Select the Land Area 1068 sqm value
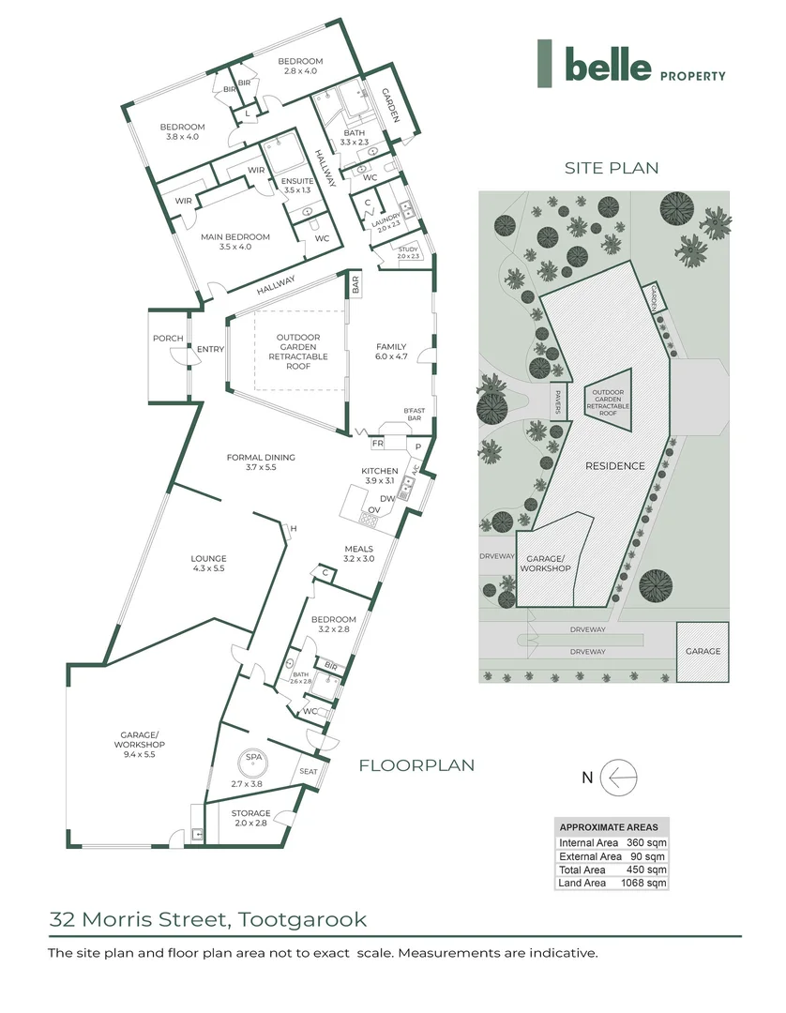(646, 883)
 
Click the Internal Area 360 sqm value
(646, 843)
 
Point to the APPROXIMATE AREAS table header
(610, 827)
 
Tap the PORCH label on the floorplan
(168, 339)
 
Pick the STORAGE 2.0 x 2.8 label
(250, 818)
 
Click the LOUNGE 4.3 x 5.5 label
(209, 564)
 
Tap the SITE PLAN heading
(611, 168)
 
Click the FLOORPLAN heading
(416, 765)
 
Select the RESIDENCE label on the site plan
(614, 466)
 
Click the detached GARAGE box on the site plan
(703, 651)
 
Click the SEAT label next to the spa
(307, 772)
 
